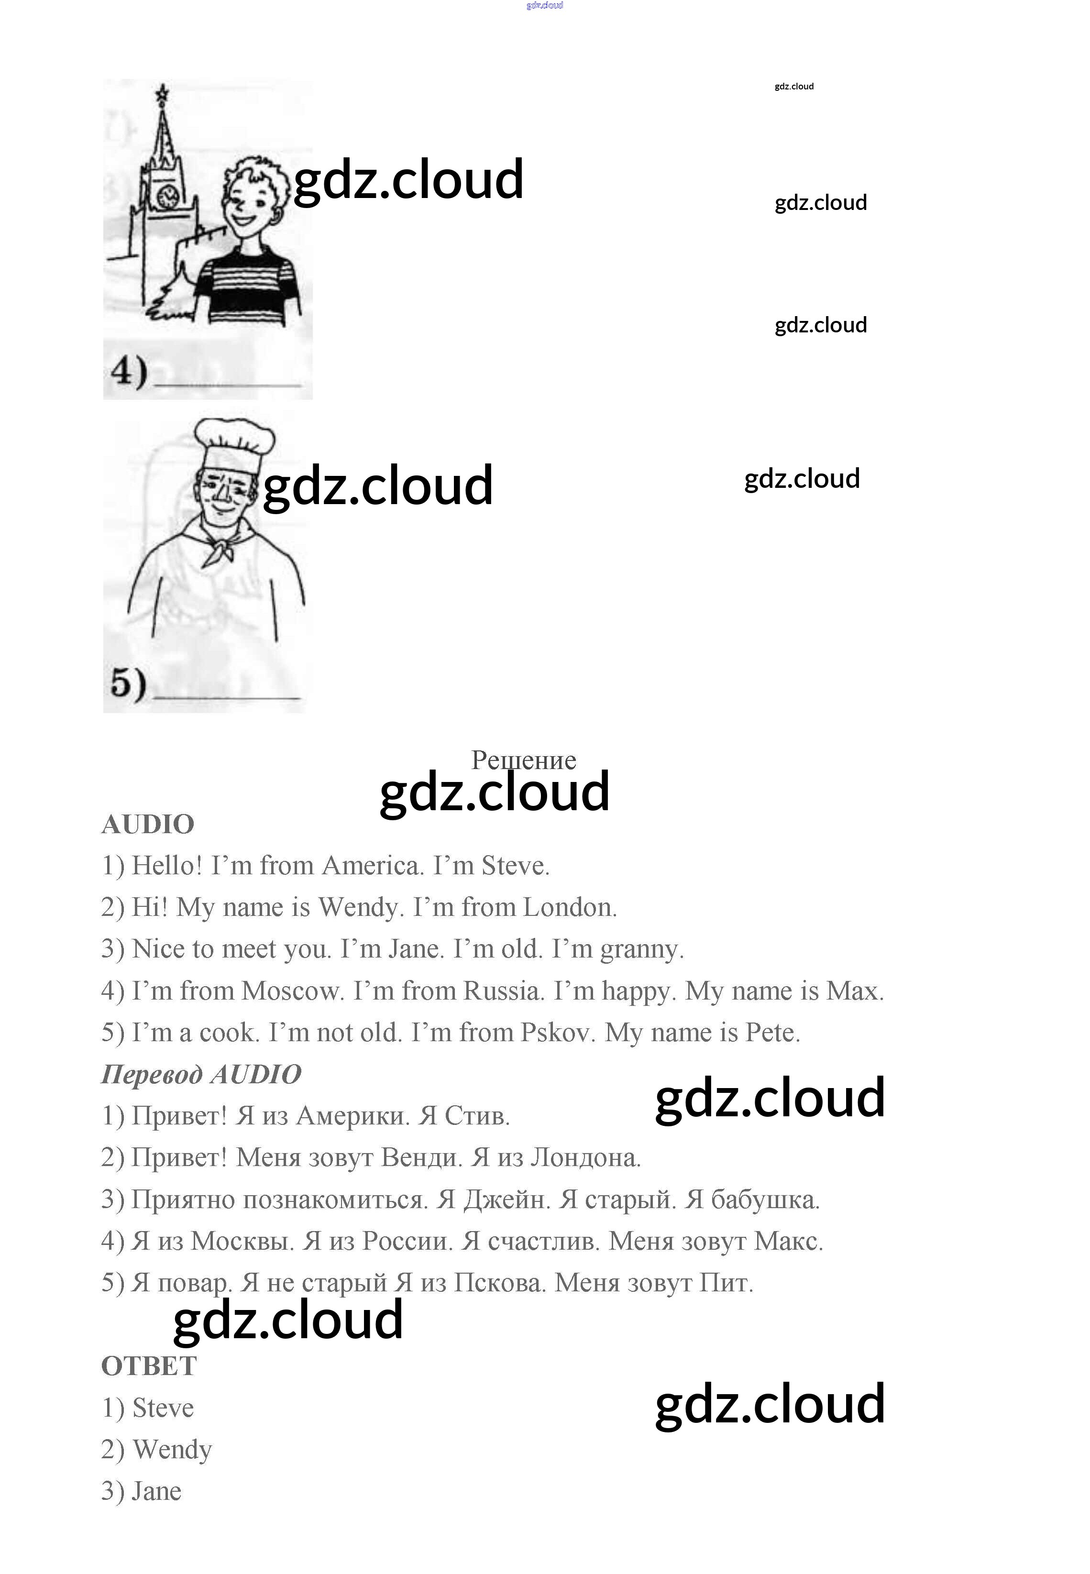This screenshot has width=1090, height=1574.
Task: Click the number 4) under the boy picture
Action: (x=129, y=373)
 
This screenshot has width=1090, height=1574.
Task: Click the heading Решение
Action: (x=523, y=760)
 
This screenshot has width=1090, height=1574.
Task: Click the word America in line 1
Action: (x=372, y=866)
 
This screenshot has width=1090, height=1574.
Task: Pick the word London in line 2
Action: (x=570, y=908)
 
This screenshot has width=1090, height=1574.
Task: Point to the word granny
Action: (x=641, y=949)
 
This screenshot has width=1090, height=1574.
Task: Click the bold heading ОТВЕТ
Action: (x=149, y=1366)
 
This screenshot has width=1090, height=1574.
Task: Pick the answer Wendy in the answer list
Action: (x=172, y=1450)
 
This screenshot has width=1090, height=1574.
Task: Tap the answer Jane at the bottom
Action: (x=157, y=1491)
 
